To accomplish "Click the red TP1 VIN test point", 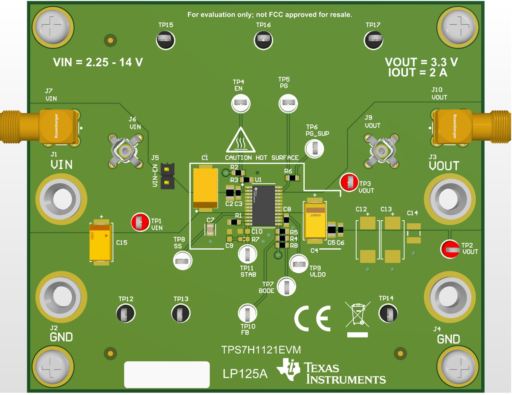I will (140, 222).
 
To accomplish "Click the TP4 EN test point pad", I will (241, 103).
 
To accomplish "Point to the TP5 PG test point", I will (288, 103).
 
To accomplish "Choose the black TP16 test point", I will (263, 40).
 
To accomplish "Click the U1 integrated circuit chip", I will (263, 205).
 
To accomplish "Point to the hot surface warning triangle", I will (241, 141).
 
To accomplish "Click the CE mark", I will (312, 319).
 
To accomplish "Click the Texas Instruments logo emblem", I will (289, 369).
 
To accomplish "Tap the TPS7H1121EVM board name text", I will (261, 350).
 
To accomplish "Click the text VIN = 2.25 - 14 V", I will (98, 63).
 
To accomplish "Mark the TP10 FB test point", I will (247, 313).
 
